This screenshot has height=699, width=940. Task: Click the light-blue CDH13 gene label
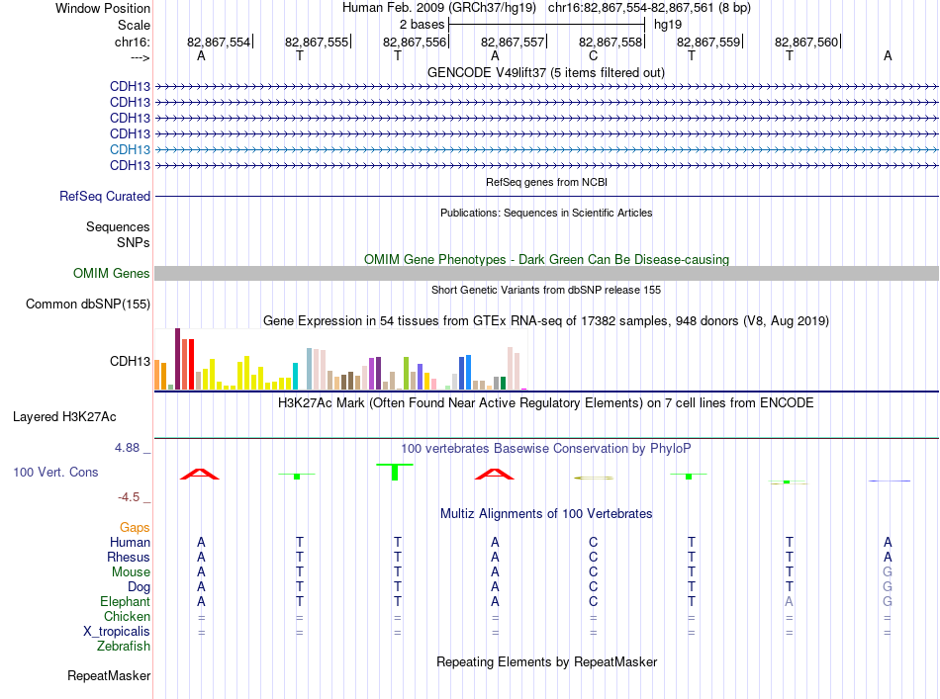pyautogui.click(x=130, y=149)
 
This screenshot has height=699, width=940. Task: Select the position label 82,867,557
pyautogui.click(x=512, y=42)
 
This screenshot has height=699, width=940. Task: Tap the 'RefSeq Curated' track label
pyautogui.click(x=105, y=196)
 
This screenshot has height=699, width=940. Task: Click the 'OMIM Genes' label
pyautogui.click(x=112, y=273)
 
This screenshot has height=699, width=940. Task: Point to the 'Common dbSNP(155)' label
pyautogui.click(x=88, y=304)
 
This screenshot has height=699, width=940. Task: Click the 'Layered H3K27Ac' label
pyautogui.click(x=64, y=416)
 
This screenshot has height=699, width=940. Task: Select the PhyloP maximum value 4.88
pyautogui.click(x=127, y=448)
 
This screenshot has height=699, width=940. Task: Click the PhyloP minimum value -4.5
pyautogui.click(x=129, y=497)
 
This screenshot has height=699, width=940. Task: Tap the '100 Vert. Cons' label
pyautogui.click(x=55, y=472)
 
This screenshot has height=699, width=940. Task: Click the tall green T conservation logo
pyautogui.click(x=395, y=472)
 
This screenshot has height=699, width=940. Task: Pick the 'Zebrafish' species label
pyautogui.click(x=124, y=646)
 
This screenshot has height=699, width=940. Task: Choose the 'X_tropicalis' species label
pyautogui.click(x=117, y=632)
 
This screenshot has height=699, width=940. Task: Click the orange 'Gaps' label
pyautogui.click(x=135, y=527)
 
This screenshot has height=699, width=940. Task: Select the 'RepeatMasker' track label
pyautogui.click(x=109, y=675)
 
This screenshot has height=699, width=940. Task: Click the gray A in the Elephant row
pyautogui.click(x=789, y=601)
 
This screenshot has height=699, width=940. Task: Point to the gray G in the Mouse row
pyautogui.click(x=888, y=571)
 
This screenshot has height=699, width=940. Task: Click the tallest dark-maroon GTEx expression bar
pyautogui.click(x=177, y=359)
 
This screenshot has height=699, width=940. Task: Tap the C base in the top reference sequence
pyautogui.click(x=593, y=55)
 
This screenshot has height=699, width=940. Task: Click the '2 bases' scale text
pyautogui.click(x=423, y=25)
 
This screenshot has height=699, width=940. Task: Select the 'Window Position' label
pyautogui.click(x=103, y=8)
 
